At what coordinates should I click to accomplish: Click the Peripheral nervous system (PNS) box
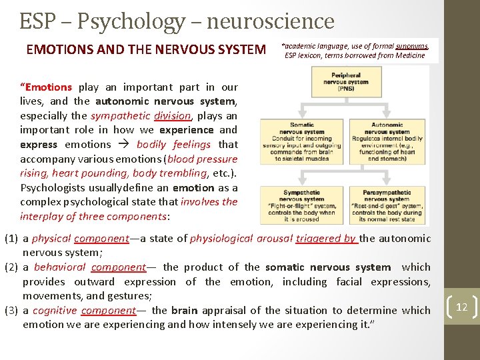tap(346, 81)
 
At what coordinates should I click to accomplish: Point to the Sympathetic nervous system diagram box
tap(302, 204)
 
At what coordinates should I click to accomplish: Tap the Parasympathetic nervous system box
tap(387, 204)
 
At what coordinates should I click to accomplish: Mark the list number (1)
tap(11, 239)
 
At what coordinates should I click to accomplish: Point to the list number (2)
tap(11, 267)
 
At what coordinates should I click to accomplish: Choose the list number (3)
tap(11, 311)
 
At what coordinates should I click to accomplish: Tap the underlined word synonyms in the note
tap(412, 46)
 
